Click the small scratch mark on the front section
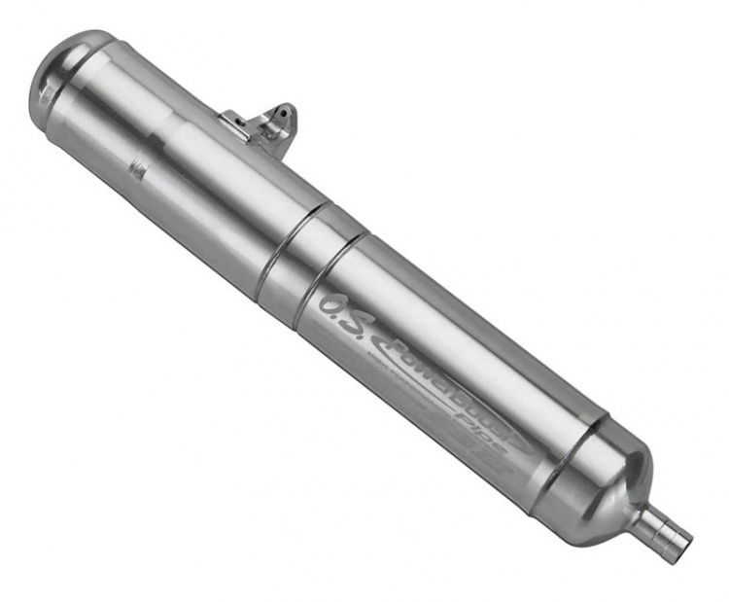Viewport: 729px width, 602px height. (x=138, y=171)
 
